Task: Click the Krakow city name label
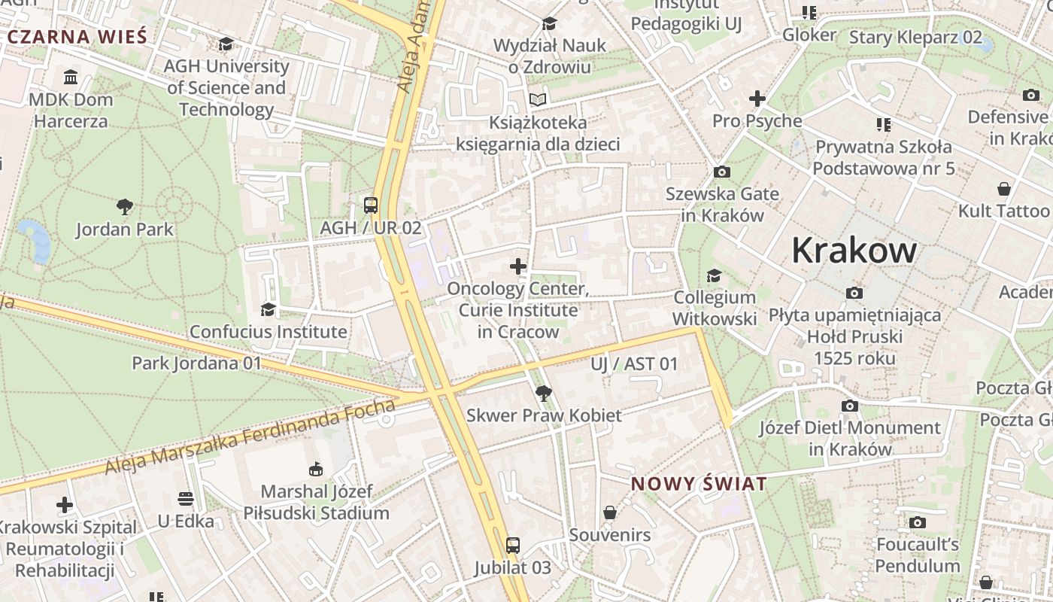[854, 251]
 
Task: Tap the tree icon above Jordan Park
[125, 206]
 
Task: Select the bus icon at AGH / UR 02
[370, 205]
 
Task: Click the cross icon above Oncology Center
[518, 266]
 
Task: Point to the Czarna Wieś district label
[77, 36]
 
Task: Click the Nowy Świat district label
[699, 484]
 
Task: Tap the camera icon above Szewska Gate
[721, 172]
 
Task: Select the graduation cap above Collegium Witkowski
[714, 276]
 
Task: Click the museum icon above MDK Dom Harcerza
[71, 78]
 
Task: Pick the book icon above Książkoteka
[538, 99]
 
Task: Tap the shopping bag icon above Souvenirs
[610, 513]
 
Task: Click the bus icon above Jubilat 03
[512, 546]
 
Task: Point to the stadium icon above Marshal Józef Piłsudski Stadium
[316, 470]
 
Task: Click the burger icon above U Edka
[186, 499]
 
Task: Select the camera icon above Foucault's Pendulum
[917, 522]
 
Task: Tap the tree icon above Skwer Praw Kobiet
[543, 393]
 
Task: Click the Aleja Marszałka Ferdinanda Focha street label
[250, 437]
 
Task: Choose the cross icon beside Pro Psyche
[757, 99]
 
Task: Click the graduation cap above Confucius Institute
[268, 309]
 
